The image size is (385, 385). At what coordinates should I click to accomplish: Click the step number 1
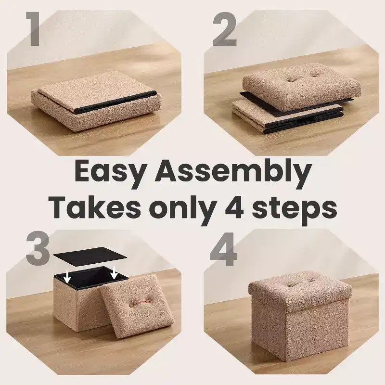tap(34, 29)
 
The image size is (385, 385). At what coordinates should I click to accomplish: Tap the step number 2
tap(225, 29)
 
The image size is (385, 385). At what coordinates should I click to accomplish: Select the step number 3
tap(38, 248)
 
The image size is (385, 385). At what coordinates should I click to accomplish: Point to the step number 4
tap(224, 249)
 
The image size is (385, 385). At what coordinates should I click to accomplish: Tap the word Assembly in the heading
tap(233, 173)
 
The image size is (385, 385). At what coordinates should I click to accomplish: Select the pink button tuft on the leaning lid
tap(139, 303)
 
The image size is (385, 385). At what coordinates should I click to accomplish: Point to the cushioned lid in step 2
tap(302, 86)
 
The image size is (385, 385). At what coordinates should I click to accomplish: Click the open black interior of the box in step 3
tap(91, 279)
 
